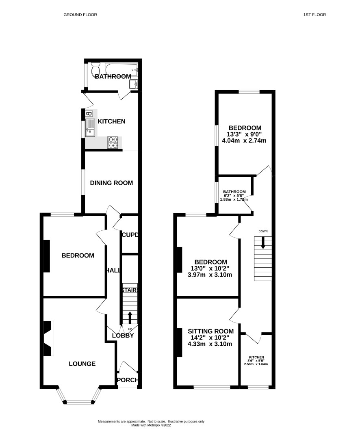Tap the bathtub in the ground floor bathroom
[x=121, y=69]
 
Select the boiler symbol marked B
[x=88, y=114]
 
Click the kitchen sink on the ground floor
[x=90, y=128]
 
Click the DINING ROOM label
[x=111, y=183]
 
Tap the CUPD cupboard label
[x=130, y=235]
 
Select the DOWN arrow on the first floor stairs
[x=263, y=243]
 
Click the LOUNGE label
[x=82, y=364]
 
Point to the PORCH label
[x=128, y=380]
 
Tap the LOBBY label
[x=123, y=336]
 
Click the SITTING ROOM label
[x=211, y=331]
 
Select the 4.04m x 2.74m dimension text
[x=244, y=141]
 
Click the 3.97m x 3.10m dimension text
[x=210, y=275]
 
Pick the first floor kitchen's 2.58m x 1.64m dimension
[x=256, y=364]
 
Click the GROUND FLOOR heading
[x=80, y=15]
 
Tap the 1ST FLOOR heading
[x=314, y=15]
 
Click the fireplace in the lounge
[x=48, y=338]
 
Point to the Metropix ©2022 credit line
[x=151, y=425]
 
